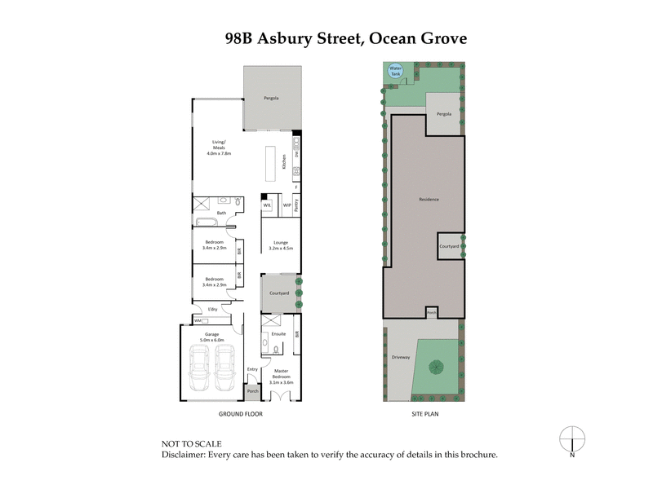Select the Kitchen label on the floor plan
point(284,161)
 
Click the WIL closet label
point(267,205)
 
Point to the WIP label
point(287,205)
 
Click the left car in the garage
point(200,368)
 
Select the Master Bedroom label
point(280,377)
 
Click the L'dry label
point(212,309)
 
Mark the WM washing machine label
point(198,320)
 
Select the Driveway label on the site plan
point(399,357)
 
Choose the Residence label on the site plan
point(429,200)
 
